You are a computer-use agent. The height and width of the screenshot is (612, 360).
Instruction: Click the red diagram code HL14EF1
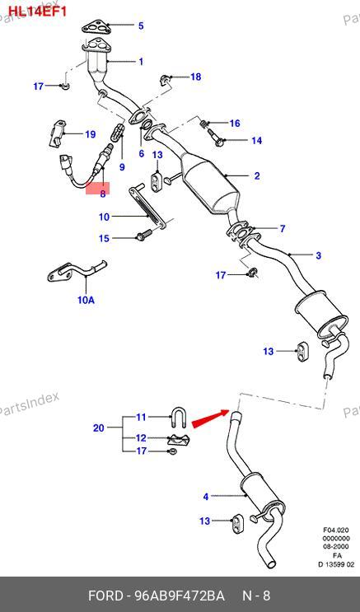[38, 12]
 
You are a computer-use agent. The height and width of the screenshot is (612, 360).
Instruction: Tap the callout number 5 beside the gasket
[141, 26]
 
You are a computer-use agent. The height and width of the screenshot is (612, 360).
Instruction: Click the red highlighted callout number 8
[103, 194]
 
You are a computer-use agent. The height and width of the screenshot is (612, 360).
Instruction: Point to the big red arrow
[210, 418]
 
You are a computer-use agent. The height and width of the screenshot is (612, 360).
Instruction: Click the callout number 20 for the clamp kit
[98, 427]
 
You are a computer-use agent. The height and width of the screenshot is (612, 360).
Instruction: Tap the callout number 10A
[86, 300]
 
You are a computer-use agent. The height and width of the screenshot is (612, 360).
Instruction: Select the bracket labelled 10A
[77, 270]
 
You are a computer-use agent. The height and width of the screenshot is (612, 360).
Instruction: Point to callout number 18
[195, 77]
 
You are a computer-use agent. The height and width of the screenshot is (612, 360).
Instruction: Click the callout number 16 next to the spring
[235, 124]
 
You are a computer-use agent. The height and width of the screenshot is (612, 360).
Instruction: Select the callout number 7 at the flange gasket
[283, 228]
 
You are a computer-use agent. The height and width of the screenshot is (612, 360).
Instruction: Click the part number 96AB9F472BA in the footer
[180, 596]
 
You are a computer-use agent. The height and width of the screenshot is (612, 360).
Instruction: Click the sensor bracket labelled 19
[58, 133]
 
